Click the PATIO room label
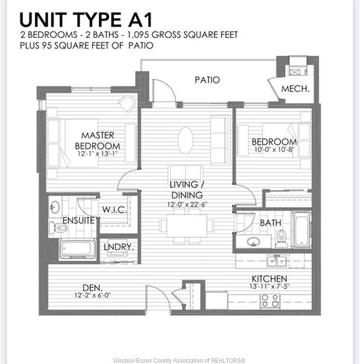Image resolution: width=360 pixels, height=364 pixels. coord(207,80)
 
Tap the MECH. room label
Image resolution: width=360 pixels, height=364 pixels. coord(295,89)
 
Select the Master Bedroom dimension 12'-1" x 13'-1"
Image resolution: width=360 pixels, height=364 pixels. coord(98,154)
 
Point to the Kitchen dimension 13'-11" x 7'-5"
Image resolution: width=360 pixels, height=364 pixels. coord(269,286)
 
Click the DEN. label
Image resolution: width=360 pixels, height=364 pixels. coord(92,287)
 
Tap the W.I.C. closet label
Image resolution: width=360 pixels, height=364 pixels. coord(115,209)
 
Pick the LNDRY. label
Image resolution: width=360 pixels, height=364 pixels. coord(119,247)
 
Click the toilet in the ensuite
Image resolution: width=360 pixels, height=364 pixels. coord(58,227)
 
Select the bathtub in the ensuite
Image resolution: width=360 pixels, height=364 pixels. coord(77,249)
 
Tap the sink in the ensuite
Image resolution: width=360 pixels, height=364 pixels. coord(55,207)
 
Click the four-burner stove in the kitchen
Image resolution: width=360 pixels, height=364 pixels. coord(270,301)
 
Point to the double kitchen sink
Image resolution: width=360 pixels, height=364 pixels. coord(276,261)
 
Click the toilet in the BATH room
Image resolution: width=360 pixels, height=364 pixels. coord(281,238)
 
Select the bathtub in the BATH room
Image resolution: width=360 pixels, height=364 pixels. coord(302,230)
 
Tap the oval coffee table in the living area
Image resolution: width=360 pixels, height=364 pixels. coord(186,140)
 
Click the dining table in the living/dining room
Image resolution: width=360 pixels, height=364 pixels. coord(187,226)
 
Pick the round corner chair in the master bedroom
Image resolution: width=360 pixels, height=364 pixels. coord(127,103)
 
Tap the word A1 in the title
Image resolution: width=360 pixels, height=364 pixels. coord(140,20)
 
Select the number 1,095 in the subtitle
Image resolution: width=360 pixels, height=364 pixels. coord(138,35)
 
